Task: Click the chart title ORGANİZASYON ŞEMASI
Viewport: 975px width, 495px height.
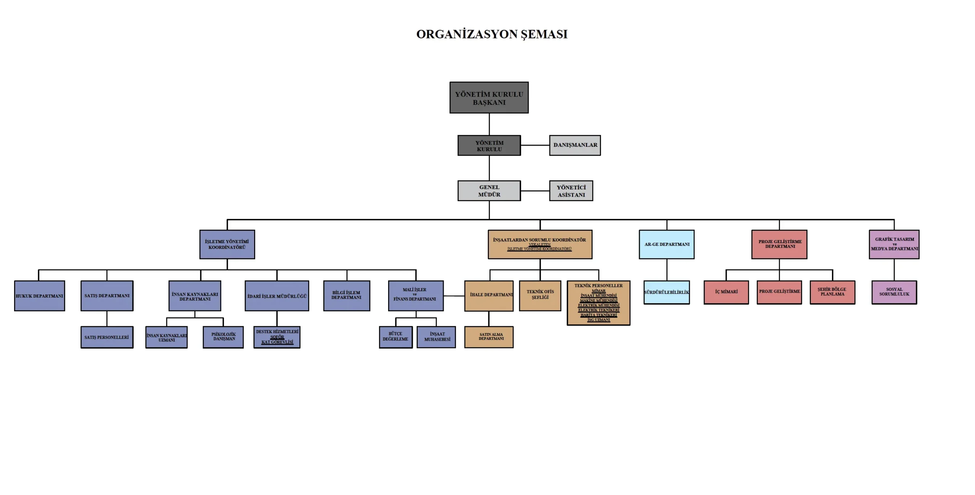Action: (x=492, y=34)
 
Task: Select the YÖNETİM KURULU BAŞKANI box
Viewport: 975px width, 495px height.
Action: (x=489, y=98)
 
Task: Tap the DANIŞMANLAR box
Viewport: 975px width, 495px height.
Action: (x=575, y=145)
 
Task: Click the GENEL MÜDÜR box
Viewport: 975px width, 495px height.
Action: (x=489, y=191)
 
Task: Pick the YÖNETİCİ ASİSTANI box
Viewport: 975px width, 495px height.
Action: (x=571, y=191)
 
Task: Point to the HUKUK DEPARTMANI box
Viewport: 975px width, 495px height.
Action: (x=40, y=296)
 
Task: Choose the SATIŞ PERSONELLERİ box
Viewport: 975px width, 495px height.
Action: (x=107, y=337)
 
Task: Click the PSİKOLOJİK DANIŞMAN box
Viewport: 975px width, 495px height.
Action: (x=223, y=337)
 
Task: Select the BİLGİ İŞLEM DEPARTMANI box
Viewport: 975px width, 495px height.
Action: (x=347, y=296)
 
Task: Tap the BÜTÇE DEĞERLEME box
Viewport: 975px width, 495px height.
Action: (x=396, y=337)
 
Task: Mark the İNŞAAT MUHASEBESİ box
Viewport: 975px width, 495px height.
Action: (x=436, y=337)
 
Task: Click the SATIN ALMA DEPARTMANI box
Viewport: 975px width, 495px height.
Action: (x=489, y=337)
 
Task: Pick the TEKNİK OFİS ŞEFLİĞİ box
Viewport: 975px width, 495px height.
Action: (x=540, y=296)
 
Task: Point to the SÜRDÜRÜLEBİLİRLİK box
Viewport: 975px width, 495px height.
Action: (x=667, y=292)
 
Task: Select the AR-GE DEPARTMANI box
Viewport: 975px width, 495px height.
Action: (x=667, y=244)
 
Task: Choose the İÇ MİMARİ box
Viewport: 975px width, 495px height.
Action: (x=726, y=292)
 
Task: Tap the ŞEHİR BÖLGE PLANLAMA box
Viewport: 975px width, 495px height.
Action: (x=833, y=292)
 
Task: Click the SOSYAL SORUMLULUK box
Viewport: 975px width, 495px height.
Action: (x=894, y=292)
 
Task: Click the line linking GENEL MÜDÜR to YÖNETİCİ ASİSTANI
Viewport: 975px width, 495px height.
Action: (x=535, y=191)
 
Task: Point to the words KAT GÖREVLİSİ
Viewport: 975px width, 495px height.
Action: (x=277, y=342)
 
